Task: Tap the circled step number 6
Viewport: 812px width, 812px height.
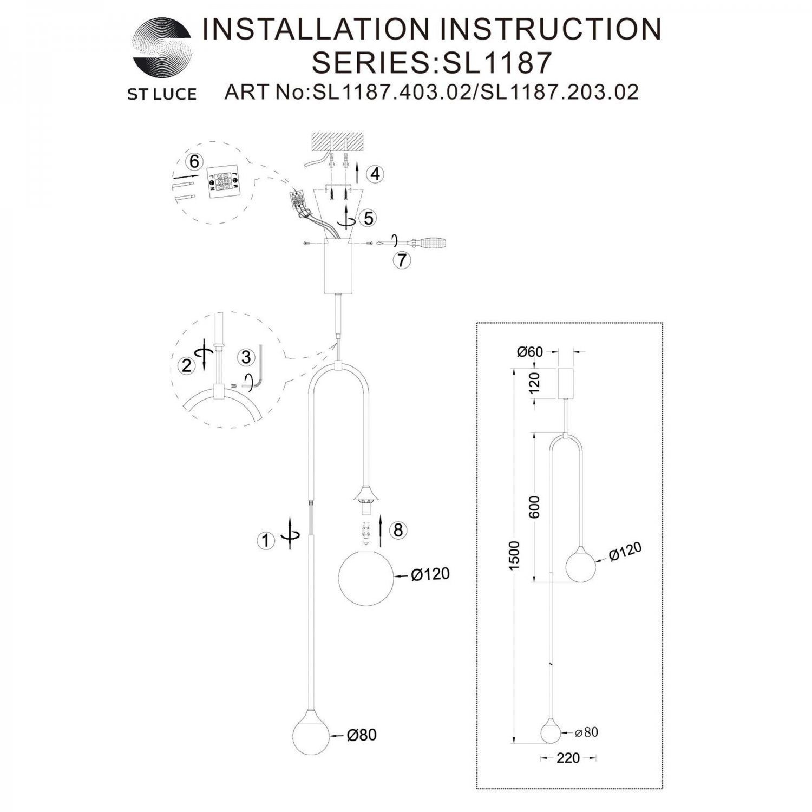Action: tap(193, 161)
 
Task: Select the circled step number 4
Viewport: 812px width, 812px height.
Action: tap(375, 174)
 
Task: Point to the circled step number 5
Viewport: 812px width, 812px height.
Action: tap(368, 218)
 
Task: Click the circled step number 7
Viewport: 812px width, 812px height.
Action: tap(402, 260)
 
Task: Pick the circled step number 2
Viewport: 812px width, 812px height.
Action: tap(187, 366)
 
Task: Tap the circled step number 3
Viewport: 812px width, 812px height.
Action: tap(246, 357)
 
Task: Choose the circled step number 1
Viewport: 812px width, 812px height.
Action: tap(265, 540)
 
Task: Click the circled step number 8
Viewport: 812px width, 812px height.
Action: tap(398, 530)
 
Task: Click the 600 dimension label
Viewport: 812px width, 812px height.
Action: tap(535, 507)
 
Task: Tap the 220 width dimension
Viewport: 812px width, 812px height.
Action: tap(568, 758)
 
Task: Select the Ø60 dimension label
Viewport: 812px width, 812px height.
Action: tap(530, 352)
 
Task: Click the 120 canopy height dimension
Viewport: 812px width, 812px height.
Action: tap(535, 383)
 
